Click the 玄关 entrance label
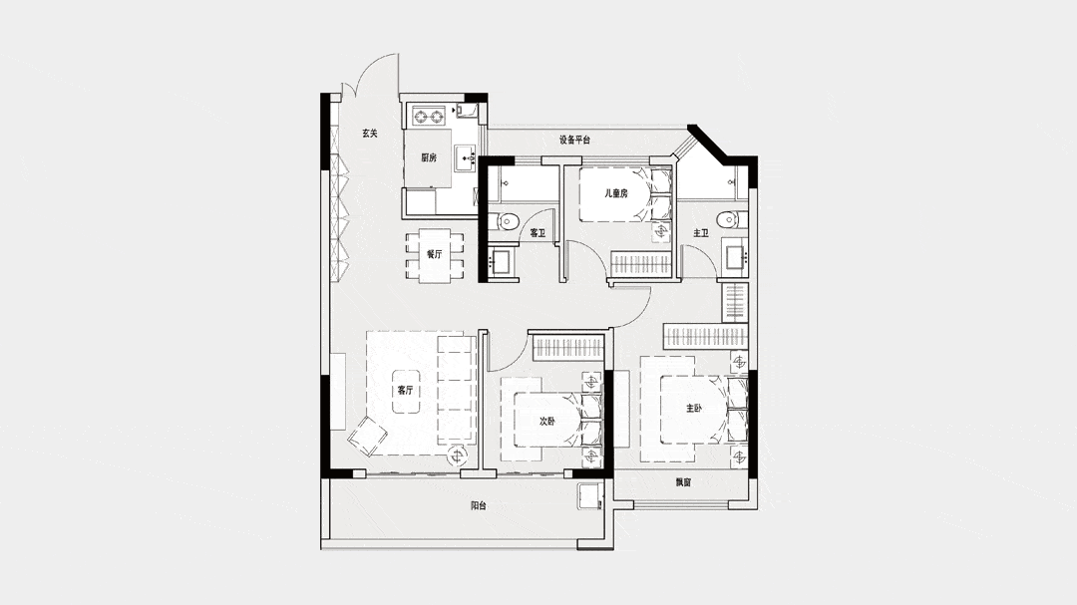(370, 134)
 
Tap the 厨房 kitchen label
(429, 157)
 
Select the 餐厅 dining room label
(434, 254)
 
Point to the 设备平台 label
(574, 141)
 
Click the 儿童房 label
(615, 193)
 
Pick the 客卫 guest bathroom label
(538, 233)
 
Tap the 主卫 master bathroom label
(701, 233)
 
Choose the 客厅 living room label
(405, 391)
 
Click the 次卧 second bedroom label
(546, 422)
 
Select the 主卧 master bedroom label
(694, 409)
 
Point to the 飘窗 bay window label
(683, 482)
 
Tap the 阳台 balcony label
(479, 506)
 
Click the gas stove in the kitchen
(429, 116)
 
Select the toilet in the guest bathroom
(507, 221)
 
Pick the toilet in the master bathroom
(727, 219)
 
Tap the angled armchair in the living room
(367, 438)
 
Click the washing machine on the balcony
(590, 496)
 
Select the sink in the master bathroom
(734, 255)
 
